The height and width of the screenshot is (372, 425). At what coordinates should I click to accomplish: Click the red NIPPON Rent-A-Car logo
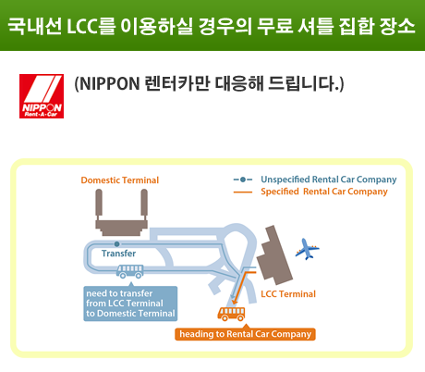coord(42,96)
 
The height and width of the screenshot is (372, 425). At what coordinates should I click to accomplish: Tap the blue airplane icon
coord(307,249)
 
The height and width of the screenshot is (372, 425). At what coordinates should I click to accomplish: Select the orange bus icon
coord(232,314)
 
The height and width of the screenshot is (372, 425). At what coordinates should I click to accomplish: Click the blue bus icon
coord(130,271)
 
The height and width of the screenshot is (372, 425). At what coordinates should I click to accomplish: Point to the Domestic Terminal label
coord(120,180)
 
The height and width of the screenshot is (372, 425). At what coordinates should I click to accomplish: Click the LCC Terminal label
coord(288,294)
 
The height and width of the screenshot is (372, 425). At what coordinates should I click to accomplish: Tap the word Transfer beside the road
coord(118,254)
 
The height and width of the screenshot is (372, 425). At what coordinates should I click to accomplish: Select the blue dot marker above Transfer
coord(116,244)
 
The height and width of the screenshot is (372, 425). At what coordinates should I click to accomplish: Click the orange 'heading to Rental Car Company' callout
coord(246,334)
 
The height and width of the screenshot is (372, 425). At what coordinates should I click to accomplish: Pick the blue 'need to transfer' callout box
coord(130,304)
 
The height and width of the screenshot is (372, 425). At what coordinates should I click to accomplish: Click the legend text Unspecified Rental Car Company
coord(329,180)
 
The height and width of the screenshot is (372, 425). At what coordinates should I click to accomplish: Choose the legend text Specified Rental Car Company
coord(324,192)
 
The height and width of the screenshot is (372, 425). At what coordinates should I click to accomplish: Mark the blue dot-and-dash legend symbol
coord(243,180)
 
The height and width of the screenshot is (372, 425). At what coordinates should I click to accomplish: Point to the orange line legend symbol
coord(243,192)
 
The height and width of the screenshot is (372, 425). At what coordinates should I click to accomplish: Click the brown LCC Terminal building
coord(274,255)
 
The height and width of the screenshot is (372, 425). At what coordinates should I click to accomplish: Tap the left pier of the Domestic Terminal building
coord(99,203)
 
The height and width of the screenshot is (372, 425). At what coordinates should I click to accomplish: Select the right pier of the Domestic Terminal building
coord(144,203)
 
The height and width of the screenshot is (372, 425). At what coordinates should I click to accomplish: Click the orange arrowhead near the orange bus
coord(235,301)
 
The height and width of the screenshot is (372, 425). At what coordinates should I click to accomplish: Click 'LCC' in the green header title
coord(82,26)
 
